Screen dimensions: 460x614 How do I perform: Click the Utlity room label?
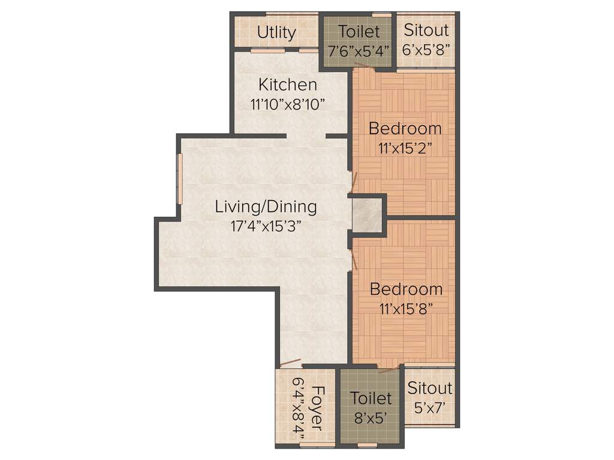(276, 32)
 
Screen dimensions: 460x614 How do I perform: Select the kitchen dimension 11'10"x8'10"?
(288, 104)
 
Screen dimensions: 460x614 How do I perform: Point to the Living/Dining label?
(266, 207)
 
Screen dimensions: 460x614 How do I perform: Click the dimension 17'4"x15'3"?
(266, 226)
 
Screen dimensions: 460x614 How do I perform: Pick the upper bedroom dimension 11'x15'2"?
(405, 148)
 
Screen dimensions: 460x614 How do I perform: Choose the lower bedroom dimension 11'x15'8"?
(406, 309)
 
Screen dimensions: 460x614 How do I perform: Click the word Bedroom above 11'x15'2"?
(405, 128)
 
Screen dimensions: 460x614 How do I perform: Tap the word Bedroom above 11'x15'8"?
(406, 289)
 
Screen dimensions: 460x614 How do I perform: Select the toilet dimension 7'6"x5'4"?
(359, 50)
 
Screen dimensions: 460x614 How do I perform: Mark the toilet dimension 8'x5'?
(371, 417)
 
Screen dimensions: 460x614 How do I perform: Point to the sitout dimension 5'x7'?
(430, 407)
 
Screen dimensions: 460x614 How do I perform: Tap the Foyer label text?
(316, 408)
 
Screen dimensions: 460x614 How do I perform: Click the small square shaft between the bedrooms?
(367, 214)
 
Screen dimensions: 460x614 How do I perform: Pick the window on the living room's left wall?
(178, 179)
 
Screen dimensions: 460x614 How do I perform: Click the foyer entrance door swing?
(290, 363)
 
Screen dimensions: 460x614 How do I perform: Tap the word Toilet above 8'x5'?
(371, 398)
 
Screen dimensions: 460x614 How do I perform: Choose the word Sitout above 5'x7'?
(430, 388)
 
